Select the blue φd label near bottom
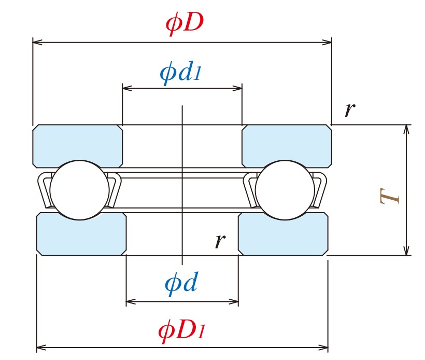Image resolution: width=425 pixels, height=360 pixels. (181, 284)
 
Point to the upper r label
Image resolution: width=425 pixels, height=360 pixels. (350, 109)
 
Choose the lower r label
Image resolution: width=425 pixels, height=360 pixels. (220, 241)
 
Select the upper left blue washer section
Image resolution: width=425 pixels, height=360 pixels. (78, 145)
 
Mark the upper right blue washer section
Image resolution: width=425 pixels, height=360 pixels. (287, 145)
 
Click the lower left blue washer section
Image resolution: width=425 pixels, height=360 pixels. (81, 234)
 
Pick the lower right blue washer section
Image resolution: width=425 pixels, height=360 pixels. (283, 234)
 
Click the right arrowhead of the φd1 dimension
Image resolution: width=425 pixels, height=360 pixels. (239, 88)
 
